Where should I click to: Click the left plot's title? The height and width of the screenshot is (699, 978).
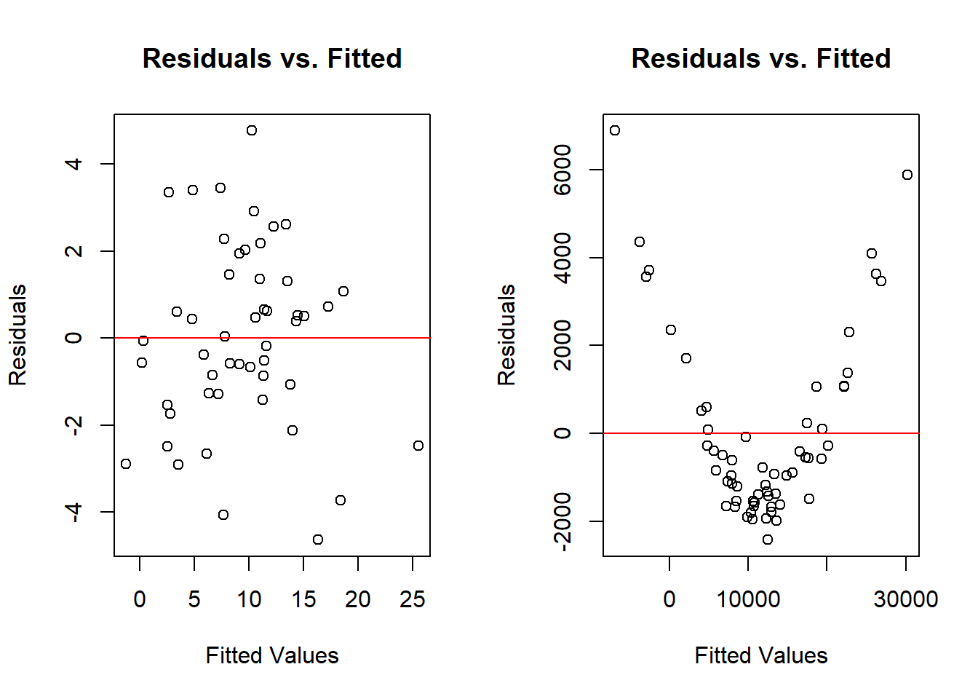[x=272, y=58]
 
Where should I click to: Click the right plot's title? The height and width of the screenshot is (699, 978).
[x=760, y=58]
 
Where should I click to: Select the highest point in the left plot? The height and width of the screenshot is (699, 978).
[x=252, y=130]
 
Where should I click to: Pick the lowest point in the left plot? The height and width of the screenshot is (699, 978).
[x=318, y=540]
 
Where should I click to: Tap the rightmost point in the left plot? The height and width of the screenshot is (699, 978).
[x=418, y=446]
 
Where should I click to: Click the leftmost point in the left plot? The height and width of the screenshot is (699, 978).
[x=126, y=464]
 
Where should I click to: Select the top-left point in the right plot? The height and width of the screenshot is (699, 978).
[x=615, y=130]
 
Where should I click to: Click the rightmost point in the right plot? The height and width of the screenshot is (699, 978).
[x=907, y=175]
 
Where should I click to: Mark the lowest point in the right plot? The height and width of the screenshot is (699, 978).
[x=768, y=540]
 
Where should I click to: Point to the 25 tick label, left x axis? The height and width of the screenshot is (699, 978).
[x=413, y=600]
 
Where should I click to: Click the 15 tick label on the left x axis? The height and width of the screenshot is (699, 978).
[x=303, y=600]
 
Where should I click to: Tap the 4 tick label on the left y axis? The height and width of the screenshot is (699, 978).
[x=73, y=164]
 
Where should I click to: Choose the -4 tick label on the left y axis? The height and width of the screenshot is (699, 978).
[x=73, y=512]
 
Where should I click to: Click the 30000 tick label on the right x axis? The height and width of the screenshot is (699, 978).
[x=906, y=600]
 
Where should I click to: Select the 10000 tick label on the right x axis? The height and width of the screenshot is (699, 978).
[x=748, y=600]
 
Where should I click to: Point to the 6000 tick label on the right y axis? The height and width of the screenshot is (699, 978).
[x=562, y=170]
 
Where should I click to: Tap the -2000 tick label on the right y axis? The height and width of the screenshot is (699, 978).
[x=562, y=521]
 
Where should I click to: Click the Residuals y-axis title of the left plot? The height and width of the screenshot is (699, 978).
[x=17, y=335]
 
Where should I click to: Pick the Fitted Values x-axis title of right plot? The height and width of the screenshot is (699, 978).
[x=760, y=655]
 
